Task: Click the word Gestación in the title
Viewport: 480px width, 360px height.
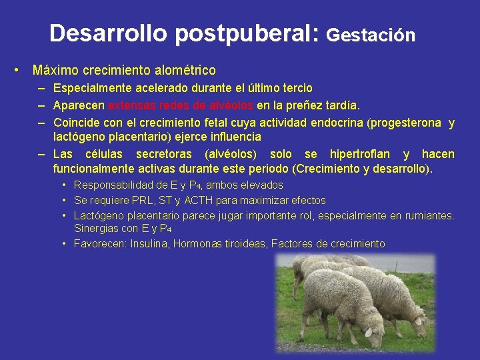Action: coord(371,35)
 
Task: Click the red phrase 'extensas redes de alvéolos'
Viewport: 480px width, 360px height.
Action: coord(181,105)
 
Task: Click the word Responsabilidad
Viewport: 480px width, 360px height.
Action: coord(111,185)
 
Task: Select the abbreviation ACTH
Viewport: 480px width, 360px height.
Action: coord(199,200)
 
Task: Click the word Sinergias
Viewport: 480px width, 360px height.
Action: coord(96,229)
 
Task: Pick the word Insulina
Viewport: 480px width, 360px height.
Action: coord(151,244)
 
